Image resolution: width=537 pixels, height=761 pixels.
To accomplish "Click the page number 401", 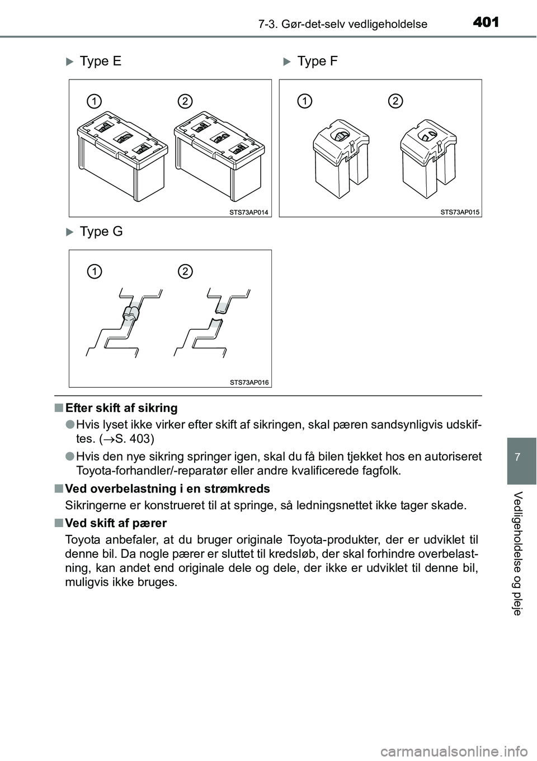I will pyautogui.click(x=484, y=22).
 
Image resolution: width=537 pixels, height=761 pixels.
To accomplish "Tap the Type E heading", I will pyautogui.click(x=100, y=61).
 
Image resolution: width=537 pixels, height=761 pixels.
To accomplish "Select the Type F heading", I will pyautogui.click(x=317, y=61).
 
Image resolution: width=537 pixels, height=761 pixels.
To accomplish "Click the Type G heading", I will pyautogui.click(x=101, y=231).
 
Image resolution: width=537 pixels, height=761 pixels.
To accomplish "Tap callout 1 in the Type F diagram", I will pyautogui.click(x=304, y=101).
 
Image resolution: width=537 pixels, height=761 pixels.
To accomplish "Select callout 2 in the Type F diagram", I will pyautogui.click(x=395, y=101).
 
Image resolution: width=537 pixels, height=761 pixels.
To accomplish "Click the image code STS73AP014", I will pyautogui.click(x=249, y=212).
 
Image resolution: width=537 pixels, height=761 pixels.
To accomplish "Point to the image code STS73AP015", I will pyautogui.click(x=460, y=212).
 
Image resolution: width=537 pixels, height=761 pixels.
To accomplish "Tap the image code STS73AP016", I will pyautogui.click(x=249, y=382).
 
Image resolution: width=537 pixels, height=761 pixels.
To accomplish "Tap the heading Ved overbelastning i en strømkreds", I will pyautogui.click(x=167, y=488).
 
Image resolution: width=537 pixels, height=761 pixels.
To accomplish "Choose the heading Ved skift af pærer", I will pyautogui.click(x=116, y=523).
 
